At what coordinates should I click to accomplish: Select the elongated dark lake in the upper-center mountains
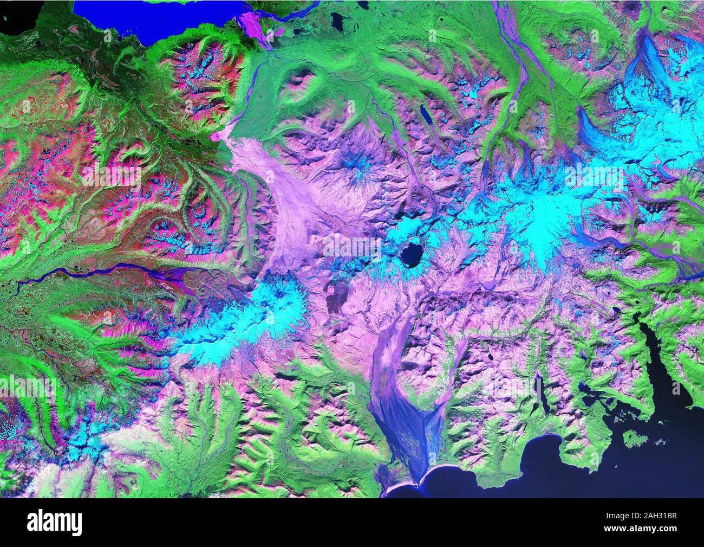(425, 114)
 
